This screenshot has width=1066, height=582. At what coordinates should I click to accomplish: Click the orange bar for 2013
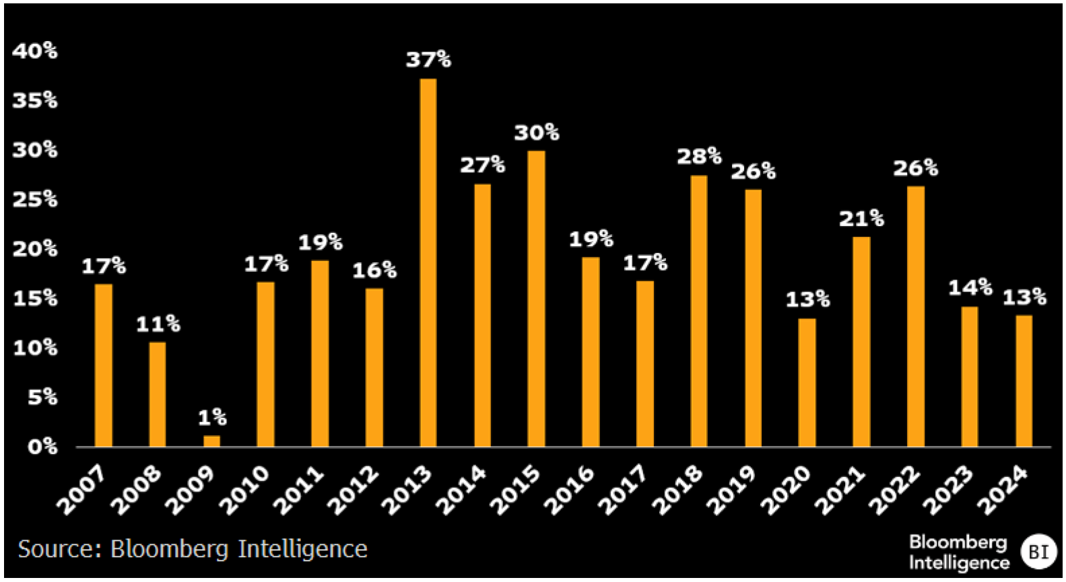pos(428,262)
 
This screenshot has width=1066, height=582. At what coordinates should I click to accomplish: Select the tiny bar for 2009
pos(211,441)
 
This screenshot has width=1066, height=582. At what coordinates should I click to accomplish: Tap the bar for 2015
pos(536,299)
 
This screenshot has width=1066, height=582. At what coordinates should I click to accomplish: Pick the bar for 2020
pos(807,382)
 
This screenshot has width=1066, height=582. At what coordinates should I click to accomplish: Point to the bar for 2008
pos(157,394)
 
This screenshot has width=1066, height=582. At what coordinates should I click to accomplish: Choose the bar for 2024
pos(1024,381)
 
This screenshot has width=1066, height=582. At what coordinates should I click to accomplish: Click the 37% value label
pos(428,60)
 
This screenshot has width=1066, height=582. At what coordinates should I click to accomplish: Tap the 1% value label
pos(212,418)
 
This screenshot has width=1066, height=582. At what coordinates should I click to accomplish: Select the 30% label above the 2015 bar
pos(537,133)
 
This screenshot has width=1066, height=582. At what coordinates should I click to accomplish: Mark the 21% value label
pos(861,219)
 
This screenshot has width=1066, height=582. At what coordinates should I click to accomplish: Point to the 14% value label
pos(970,288)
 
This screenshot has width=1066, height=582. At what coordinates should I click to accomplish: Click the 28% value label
pos(699,157)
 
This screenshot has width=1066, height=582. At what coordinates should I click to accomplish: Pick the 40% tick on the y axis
pos(35,50)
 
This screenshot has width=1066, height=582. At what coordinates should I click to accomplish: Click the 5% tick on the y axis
pos(42,397)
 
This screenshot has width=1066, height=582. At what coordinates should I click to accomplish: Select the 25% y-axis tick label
pos(35,199)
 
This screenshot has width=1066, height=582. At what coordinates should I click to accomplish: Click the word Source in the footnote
pos(59,549)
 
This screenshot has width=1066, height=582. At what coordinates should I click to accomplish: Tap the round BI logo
pos(1038,552)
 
